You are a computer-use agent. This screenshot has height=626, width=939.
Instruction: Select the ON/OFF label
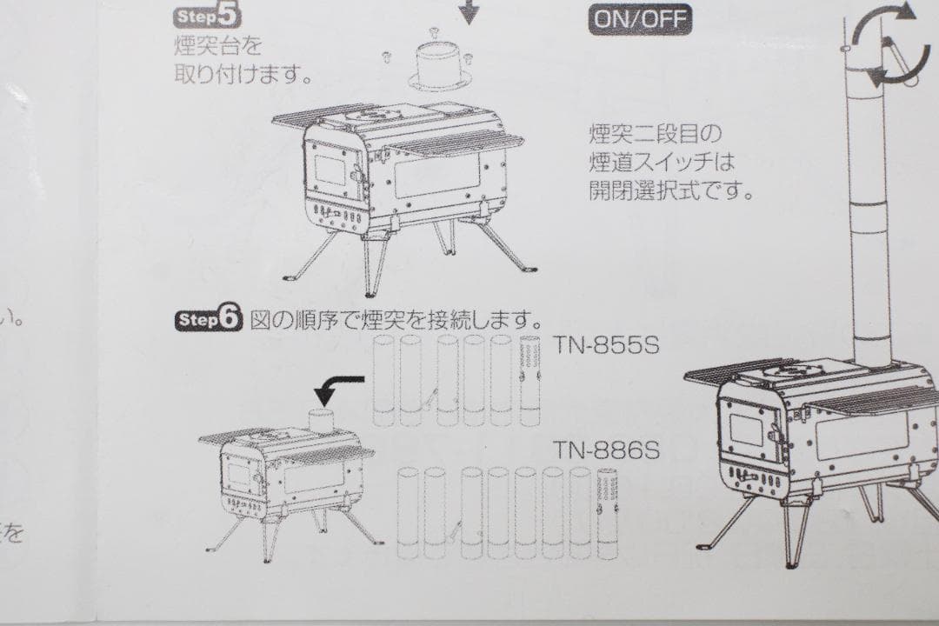(x=641, y=17)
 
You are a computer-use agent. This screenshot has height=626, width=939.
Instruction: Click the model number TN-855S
(x=608, y=344)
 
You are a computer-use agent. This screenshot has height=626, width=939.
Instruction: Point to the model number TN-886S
(x=608, y=451)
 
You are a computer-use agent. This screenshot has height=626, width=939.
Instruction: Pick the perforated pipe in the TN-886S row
(x=609, y=513)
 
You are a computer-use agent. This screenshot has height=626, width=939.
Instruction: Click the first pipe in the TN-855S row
(x=383, y=380)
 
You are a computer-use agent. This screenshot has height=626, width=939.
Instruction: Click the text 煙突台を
(x=217, y=43)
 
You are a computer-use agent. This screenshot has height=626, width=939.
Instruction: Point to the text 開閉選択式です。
(x=669, y=190)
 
